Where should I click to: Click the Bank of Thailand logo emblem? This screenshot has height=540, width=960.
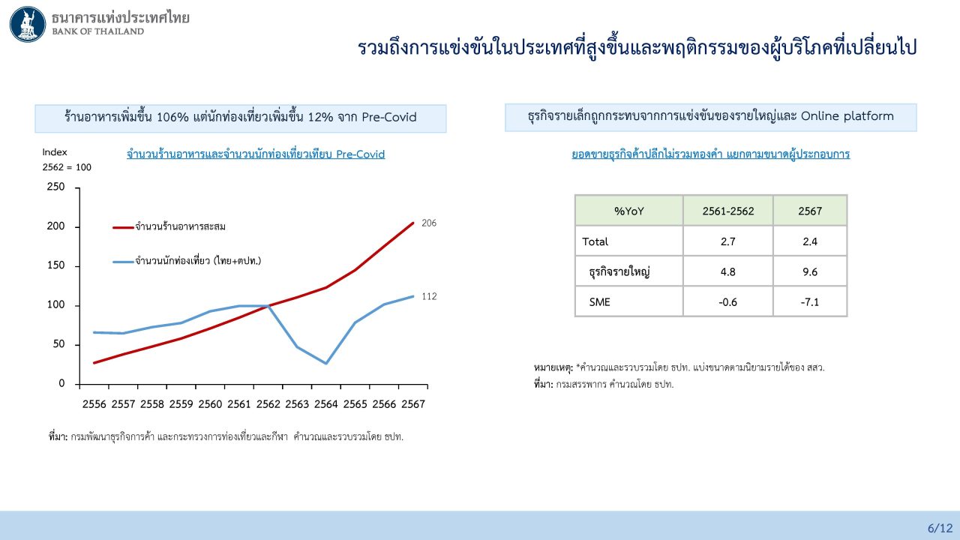click(x=28, y=24)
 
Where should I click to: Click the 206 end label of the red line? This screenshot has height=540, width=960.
click(x=429, y=223)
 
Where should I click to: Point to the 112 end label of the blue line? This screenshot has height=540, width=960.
click(x=429, y=296)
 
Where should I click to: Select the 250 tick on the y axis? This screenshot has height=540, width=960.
click(x=56, y=187)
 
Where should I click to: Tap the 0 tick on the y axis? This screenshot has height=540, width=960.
click(x=62, y=384)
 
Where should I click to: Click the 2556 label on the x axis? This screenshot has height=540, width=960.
click(x=94, y=404)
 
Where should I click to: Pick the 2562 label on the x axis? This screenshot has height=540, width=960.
click(x=268, y=404)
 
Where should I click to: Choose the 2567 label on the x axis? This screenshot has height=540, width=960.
click(x=412, y=404)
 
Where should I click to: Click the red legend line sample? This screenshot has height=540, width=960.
click(x=123, y=226)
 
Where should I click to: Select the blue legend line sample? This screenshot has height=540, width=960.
click(x=123, y=261)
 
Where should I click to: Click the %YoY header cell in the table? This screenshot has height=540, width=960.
click(x=628, y=211)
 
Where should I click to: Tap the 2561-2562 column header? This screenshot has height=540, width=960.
click(x=727, y=211)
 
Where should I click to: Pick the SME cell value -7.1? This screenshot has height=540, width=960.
click(x=810, y=301)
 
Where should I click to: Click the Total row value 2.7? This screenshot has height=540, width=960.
click(x=727, y=241)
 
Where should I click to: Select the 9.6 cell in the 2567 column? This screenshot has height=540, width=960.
click(x=810, y=271)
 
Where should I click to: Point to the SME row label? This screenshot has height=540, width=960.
click(x=601, y=301)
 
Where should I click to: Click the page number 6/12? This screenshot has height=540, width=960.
click(x=940, y=528)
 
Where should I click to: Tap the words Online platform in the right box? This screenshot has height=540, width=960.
click(x=847, y=116)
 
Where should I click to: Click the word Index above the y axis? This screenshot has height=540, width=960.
click(x=55, y=152)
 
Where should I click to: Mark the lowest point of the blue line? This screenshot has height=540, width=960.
click(x=325, y=364)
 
